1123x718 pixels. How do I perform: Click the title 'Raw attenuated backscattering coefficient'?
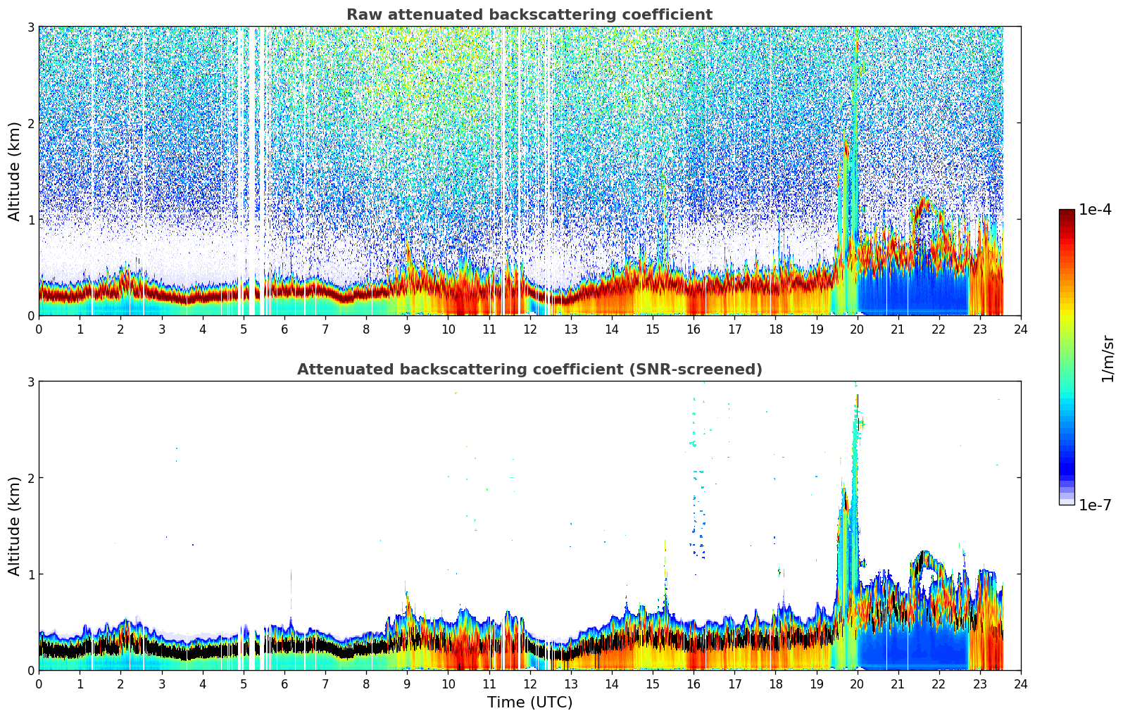point(529,15)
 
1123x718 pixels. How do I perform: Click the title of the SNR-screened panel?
point(529,370)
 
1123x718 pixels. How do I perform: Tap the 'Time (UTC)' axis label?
point(529,702)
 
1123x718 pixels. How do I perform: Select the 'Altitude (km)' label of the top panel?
point(15,171)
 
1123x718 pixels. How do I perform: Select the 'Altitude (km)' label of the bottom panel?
point(15,526)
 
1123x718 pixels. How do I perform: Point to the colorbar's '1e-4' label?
point(1095,210)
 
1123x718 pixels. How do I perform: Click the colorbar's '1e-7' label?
point(1095,505)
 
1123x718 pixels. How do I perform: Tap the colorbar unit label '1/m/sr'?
point(1108,359)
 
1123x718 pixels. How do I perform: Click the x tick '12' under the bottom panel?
point(529,684)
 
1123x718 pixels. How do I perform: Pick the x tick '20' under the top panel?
point(857,329)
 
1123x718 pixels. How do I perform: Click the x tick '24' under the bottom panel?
point(1020,684)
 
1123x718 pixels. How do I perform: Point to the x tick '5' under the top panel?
point(244,329)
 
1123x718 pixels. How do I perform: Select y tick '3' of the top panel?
point(31,27)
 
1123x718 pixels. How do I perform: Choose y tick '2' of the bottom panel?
point(31,478)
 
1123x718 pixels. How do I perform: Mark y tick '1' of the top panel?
point(31,220)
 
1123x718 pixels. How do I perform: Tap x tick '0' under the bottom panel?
point(39,684)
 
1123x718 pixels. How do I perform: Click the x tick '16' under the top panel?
point(694,329)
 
